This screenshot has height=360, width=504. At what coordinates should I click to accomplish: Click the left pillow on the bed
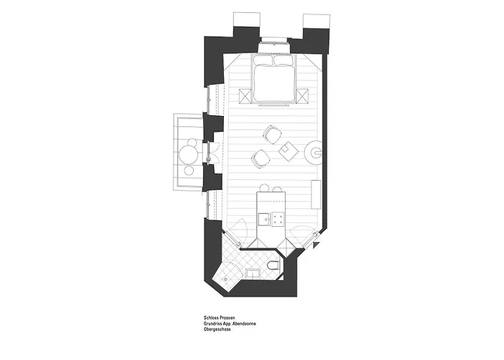(x=264, y=60)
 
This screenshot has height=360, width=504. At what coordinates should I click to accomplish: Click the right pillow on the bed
(x=283, y=60)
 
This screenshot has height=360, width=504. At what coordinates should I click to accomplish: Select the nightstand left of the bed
(x=245, y=96)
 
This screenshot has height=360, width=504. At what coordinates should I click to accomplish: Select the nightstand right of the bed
(x=302, y=96)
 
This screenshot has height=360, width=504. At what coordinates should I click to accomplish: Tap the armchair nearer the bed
(x=273, y=134)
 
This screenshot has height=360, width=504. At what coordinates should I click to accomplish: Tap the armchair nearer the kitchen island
(x=261, y=158)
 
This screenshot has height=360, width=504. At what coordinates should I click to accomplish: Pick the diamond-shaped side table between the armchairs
(x=288, y=150)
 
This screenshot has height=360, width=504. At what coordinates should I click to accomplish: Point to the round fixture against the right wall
(x=314, y=153)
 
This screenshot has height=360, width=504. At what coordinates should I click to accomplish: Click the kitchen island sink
(x=264, y=219)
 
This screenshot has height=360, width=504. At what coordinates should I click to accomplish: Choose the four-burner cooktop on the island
(x=279, y=219)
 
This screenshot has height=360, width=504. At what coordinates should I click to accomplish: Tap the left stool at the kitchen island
(x=264, y=188)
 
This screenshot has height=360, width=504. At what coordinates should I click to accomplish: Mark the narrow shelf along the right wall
(x=316, y=195)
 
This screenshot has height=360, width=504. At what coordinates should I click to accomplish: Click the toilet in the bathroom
(x=274, y=265)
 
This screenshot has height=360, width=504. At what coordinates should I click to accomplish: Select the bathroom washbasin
(x=254, y=274)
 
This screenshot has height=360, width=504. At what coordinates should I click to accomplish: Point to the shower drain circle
(x=225, y=279)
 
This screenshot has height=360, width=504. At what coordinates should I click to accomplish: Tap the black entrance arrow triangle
(x=316, y=245)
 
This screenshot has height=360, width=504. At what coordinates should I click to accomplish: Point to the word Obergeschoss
(x=217, y=330)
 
